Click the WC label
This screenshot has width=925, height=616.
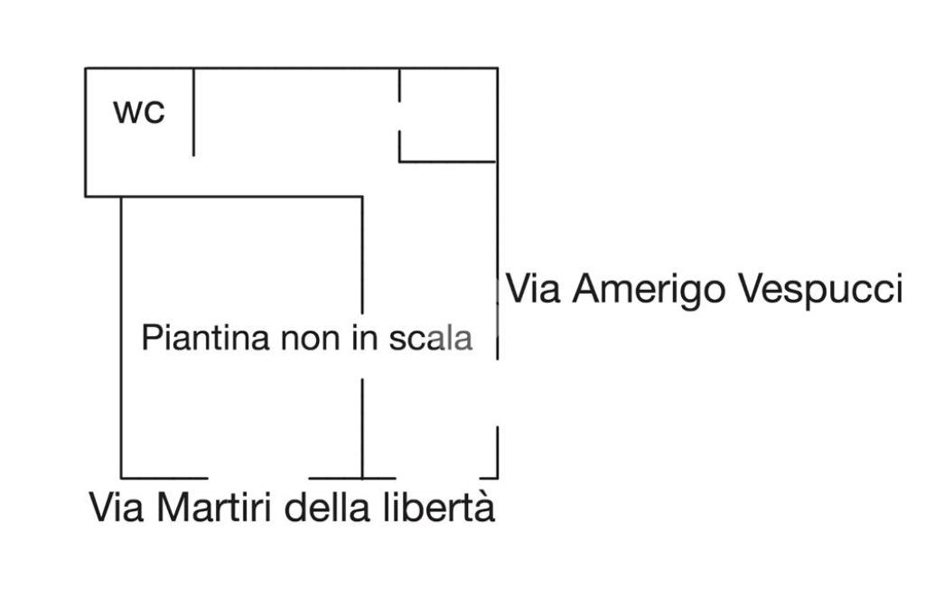pyautogui.click(x=139, y=112)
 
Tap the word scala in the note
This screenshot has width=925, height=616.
pyautogui.click(x=430, y=339)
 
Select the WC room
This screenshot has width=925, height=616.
pyautogui.click(x=139, y=135)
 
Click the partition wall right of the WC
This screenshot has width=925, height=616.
pyautogui.click(x=193, y=112)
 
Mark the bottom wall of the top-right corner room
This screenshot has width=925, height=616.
pyautogui.click(x=448, y=162)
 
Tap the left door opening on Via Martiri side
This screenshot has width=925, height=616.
pyautogui.click(x=258, y=477)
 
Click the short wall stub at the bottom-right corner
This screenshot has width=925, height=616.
pyautogui.click(x=496, y=452)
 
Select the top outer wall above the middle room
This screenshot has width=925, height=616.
pyautogui.click(x=296, y=68)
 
